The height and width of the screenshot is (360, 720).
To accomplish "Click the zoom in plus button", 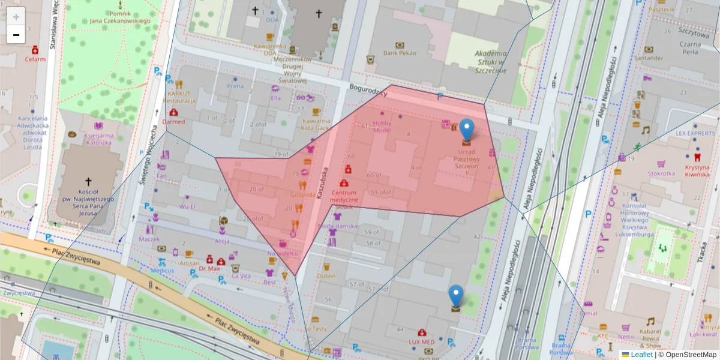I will (x=16, y=16).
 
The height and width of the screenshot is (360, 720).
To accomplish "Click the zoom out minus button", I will (x=16, y=35).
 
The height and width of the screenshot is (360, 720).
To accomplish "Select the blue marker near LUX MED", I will (x=457, y=296).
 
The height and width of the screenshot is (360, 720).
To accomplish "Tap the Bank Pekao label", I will (x=400, y=53).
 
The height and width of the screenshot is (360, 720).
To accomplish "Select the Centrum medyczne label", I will (x=344, y=196).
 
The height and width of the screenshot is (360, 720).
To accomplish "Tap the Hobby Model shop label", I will (x=382, y=127).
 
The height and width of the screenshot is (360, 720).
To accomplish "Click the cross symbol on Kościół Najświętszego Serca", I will (x=88, y=181).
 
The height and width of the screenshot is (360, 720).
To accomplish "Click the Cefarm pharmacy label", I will (x=35, y=59).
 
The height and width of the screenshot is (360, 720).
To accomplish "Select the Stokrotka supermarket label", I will (x=661, y=173).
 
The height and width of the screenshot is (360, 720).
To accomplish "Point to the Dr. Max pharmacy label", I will (x=209, y=269).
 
